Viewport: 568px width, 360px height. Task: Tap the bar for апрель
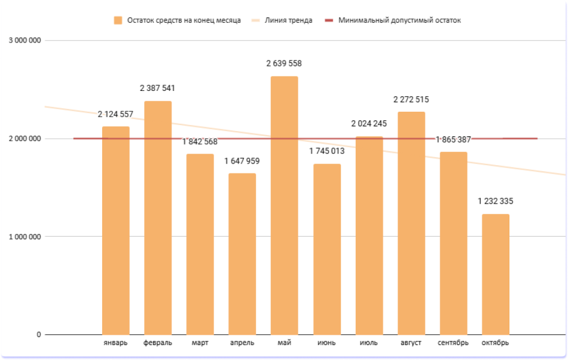coord(242,254)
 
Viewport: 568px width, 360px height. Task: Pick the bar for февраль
coord(158,218)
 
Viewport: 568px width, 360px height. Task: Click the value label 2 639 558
coord(284,63)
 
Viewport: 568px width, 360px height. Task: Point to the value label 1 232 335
coord(495,201)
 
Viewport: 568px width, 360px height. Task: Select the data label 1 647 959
coord(242,161)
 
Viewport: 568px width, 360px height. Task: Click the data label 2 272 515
coord(411,99)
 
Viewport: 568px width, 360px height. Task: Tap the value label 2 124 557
coord(115,114)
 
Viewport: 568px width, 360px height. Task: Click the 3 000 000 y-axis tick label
coord(25,41)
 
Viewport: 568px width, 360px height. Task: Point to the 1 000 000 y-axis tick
coord(25,236)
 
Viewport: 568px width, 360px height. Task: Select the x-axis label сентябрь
coord(453,343)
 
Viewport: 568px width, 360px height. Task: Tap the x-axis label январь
coord(115,343)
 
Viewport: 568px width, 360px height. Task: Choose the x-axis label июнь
coord(326,343)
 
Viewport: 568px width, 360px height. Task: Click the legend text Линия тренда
coord(288,20)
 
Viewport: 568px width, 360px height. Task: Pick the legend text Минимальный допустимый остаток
coord(399,20)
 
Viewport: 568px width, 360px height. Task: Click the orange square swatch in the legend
coord(118,20)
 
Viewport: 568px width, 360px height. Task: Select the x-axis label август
coord(411,343)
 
